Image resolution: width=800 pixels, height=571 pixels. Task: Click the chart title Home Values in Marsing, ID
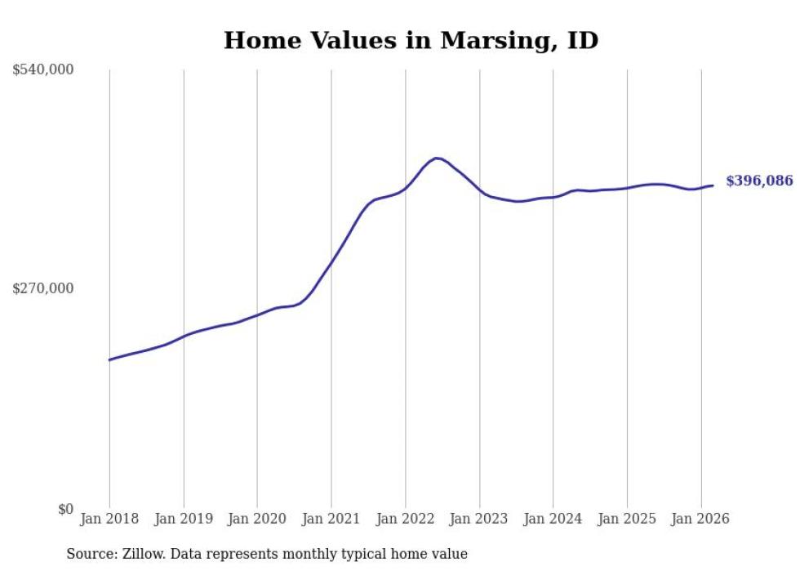point(411,40)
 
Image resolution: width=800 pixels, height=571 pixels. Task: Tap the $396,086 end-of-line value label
point(759,181)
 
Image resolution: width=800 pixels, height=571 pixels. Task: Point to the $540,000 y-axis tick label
point(42,70)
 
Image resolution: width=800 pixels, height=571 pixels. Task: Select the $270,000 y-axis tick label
point(42,288)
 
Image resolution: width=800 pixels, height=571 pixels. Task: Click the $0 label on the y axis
point(65,509)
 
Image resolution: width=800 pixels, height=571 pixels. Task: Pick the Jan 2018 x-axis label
point(109,519)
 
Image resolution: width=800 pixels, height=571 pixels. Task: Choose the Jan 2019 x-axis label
point(184,519)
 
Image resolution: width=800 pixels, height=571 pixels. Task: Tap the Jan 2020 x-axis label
point(257,519)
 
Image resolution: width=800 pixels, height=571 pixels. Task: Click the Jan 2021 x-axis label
point(331,519)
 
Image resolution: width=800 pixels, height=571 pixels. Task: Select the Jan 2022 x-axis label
point(405,519)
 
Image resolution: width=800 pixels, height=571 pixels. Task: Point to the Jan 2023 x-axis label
point(479,519)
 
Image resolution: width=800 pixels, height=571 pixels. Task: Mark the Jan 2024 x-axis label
point(553,519)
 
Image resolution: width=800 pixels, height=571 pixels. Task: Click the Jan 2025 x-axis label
point(627,519)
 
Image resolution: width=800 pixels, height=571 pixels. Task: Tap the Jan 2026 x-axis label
point(700,519)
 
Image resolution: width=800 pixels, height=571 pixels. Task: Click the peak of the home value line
point(437,158)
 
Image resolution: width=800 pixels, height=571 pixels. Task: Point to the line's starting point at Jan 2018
point(109,359)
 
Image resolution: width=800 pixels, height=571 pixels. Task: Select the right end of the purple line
point(713,185)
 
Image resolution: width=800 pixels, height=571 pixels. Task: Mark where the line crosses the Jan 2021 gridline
point(331,261)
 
